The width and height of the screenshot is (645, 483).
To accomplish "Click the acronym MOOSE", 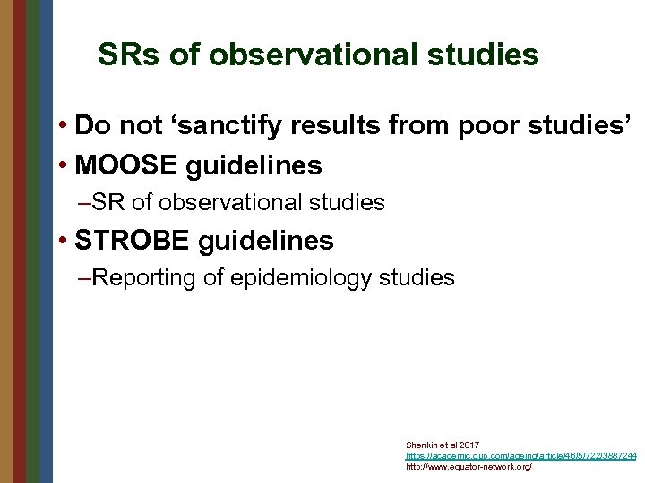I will coord(133,165).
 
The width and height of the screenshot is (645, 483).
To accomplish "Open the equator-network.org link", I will coord(469,467).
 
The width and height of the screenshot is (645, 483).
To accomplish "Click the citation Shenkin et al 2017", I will coord(443,445).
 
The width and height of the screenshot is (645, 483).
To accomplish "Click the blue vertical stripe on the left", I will coord(46,241).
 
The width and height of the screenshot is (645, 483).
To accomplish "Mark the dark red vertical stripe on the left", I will coord(19,241).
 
